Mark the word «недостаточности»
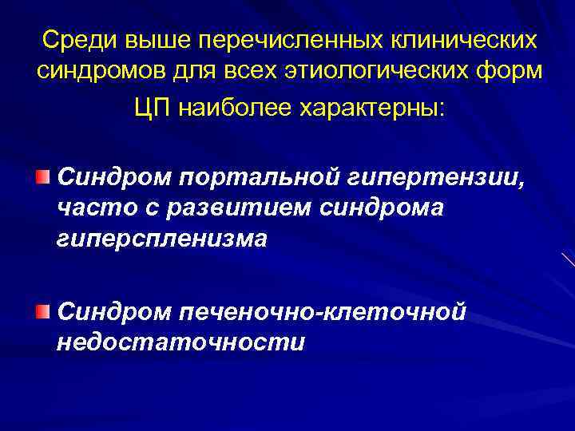click(180, 342)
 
